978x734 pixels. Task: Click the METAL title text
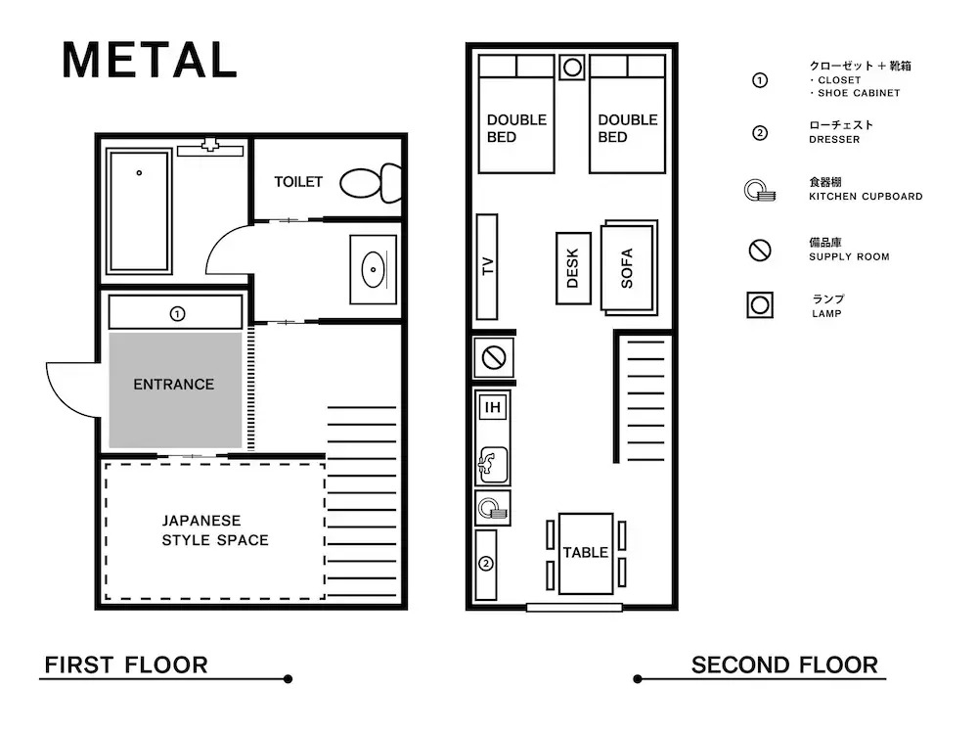pos(150,61)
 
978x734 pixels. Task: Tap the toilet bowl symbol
pos(371,183)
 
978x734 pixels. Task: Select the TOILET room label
pos(298,182)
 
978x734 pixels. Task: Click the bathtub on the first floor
pos(139,211)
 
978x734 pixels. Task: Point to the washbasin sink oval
pos(373,270)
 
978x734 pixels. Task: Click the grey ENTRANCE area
pos(175,390)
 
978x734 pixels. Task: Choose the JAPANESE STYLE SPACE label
pos(215,530)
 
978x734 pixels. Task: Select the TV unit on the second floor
pos(487,266)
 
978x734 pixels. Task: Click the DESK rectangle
pos(573,268)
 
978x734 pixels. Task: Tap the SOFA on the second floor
pos(629,268)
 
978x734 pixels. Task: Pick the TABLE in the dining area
pos(586,553)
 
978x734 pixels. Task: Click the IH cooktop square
pos(493,407)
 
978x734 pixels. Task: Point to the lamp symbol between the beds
pos(572,68)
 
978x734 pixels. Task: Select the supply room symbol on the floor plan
pos(494,358)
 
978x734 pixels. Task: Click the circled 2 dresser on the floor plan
pos(486,565)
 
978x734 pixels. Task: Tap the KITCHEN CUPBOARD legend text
pos(866,197)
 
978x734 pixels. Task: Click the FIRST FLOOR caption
pos(126,665)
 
